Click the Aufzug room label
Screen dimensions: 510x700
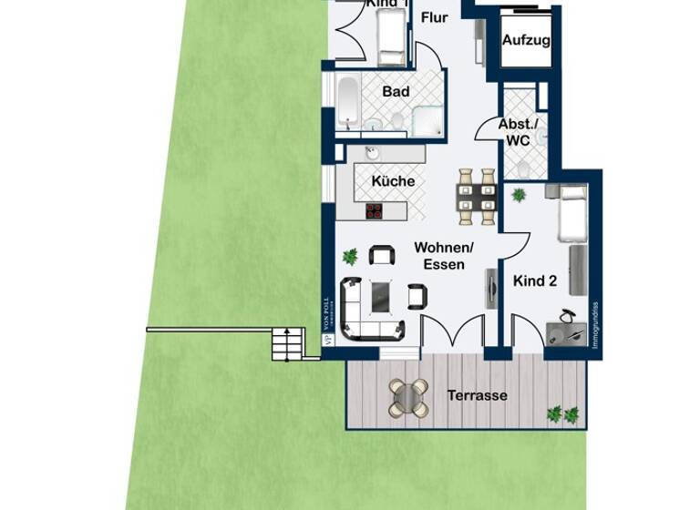526,41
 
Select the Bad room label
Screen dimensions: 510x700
396,92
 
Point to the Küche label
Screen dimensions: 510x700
393,181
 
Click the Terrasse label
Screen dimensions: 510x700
477,396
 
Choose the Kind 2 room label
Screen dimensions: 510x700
535,281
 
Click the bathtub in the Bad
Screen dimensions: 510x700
346,102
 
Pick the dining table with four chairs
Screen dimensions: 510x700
477,195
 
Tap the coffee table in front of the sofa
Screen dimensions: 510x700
380,295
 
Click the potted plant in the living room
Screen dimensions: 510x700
349,257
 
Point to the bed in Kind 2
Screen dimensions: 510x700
574,209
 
